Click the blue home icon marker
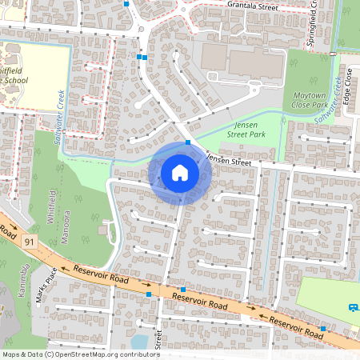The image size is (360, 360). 180,173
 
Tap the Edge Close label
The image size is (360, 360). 348,80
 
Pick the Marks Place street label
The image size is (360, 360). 43,286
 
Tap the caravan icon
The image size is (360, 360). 353,306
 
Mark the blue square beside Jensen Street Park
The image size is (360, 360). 188,142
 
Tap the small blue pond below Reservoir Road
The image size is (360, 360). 139,342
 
